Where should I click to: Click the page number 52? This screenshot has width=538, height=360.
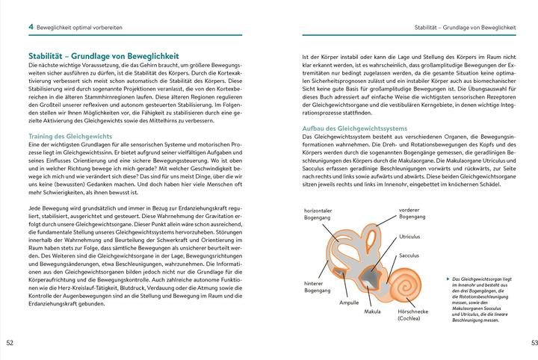click(10, 343)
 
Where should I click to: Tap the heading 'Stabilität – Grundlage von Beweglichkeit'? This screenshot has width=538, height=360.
click(102, 56)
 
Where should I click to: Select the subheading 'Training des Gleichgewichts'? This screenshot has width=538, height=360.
click(69, 137)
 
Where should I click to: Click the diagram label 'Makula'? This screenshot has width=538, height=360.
click(373, 311)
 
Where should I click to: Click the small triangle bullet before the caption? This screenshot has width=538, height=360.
click(447, 278)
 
